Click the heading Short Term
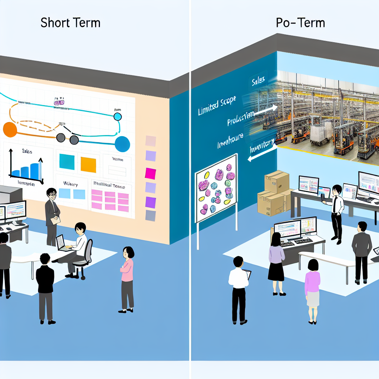click(x=70, y=23)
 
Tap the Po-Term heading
click(x=300, y=23)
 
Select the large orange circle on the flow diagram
click(x=10, y=130)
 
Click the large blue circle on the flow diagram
click(x=122, y=144)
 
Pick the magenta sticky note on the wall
click(x=151, y=173)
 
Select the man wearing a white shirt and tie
click(x=336, y=213)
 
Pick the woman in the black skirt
click(x=276, y=263)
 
